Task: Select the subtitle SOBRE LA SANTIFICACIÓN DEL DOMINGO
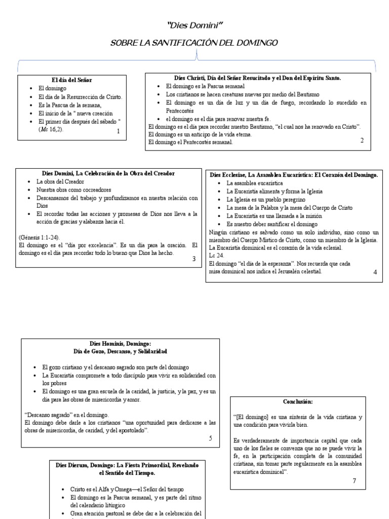(x=194, y=43)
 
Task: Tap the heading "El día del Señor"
(x=72, y=80)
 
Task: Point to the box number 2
(x=362, y=140)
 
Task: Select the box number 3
(x=193, y=258)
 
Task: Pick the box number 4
(x=375, y=272)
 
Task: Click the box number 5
(x=210, y=438)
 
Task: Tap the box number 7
(x=355, y=480)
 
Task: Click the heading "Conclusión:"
(x=298, y=401)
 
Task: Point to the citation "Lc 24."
(x=216, y=256)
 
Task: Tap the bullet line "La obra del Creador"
(x=60, y=181)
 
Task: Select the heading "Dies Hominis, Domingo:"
(x=120, y=343)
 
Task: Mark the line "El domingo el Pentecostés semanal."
(x=190, y=142)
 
